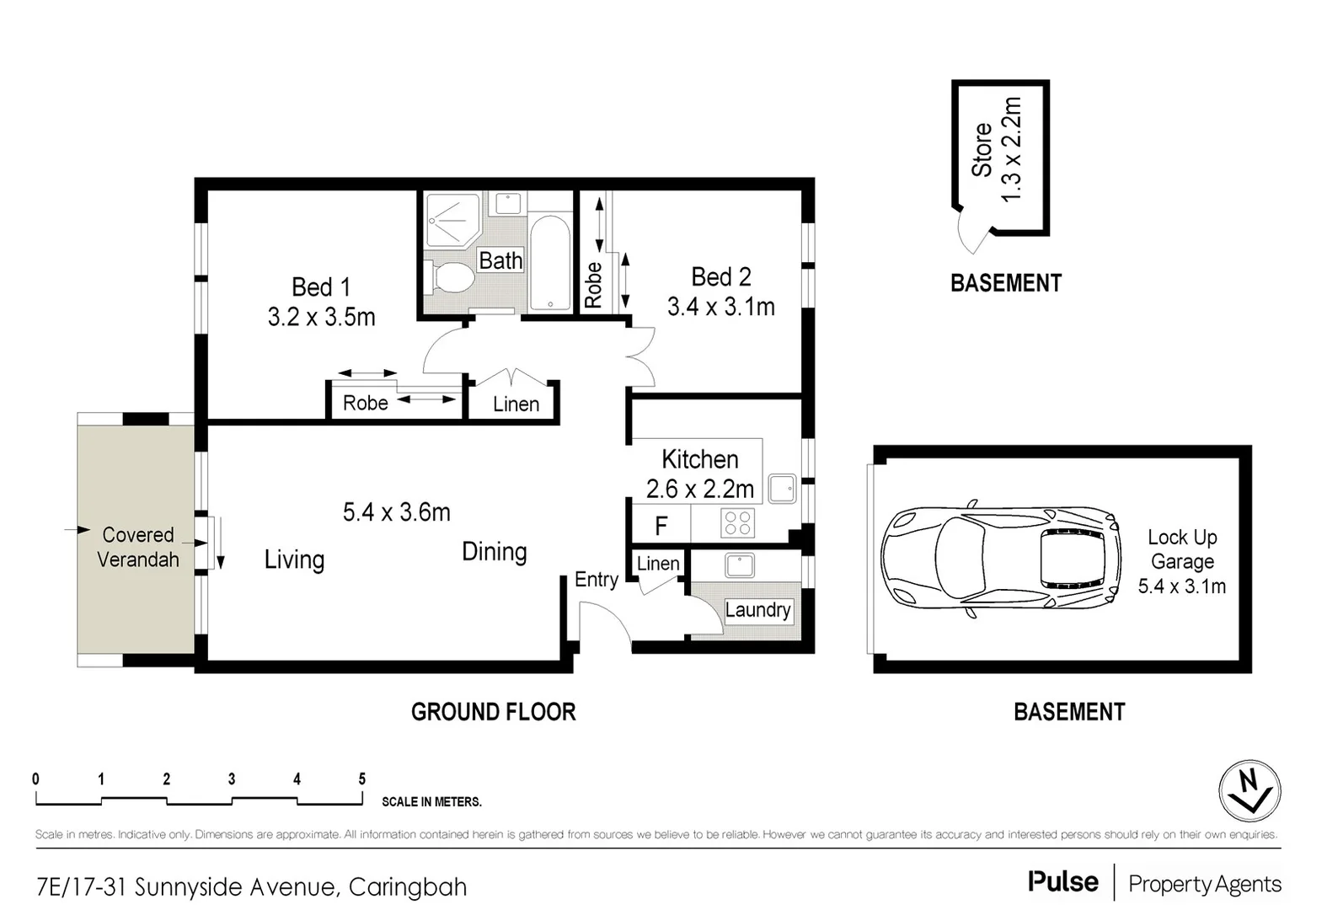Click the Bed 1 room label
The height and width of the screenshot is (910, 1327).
pos(321,287)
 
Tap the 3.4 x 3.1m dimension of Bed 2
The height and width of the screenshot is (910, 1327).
pos(720,307)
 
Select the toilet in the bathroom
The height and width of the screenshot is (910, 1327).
pos(452,277)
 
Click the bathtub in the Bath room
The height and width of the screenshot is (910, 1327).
pos(550,264)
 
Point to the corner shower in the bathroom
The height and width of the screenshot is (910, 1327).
pos(452,219)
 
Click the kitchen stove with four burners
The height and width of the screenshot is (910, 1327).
pos(737,523)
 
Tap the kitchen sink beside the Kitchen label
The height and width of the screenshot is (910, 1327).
pos(782,488)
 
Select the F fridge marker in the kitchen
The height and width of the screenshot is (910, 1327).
pos(661,527)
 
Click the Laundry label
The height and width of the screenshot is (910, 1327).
pos(757,610)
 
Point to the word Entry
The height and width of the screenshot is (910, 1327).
pos(597,580)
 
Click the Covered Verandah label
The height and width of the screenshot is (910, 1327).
pos(138,547)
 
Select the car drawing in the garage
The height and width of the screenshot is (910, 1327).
pos(1002,558)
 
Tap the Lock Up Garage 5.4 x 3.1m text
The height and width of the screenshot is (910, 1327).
pos(1181,561)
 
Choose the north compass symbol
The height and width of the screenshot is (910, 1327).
pos(1249,790)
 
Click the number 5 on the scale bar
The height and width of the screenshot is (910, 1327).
pos(362,779)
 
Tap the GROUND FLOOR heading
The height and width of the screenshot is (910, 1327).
pos(493,712)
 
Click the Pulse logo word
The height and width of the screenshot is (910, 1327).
pos(1062,882)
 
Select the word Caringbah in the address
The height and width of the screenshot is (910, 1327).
pos(407,887)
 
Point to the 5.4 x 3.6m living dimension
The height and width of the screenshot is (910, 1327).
pos(396,512)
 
